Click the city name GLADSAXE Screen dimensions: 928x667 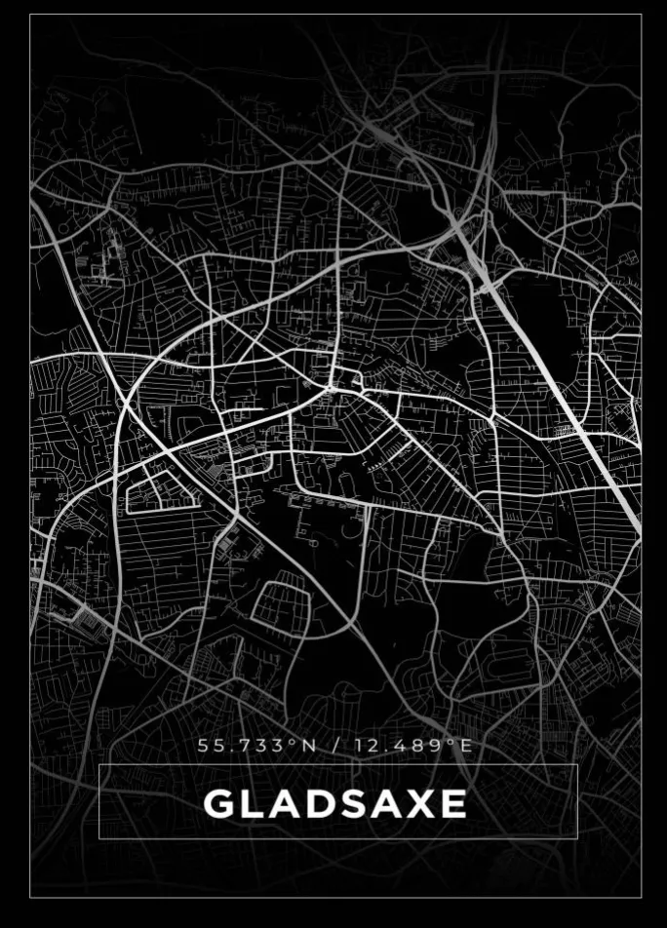[x=334, y=804]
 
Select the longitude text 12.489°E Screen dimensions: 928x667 [x=413, y=746]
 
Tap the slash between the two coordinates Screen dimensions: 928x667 [x=335, y=746]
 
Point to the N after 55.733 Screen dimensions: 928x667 [x=309, y=746]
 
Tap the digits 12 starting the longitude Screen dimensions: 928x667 [x=367, y=746]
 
